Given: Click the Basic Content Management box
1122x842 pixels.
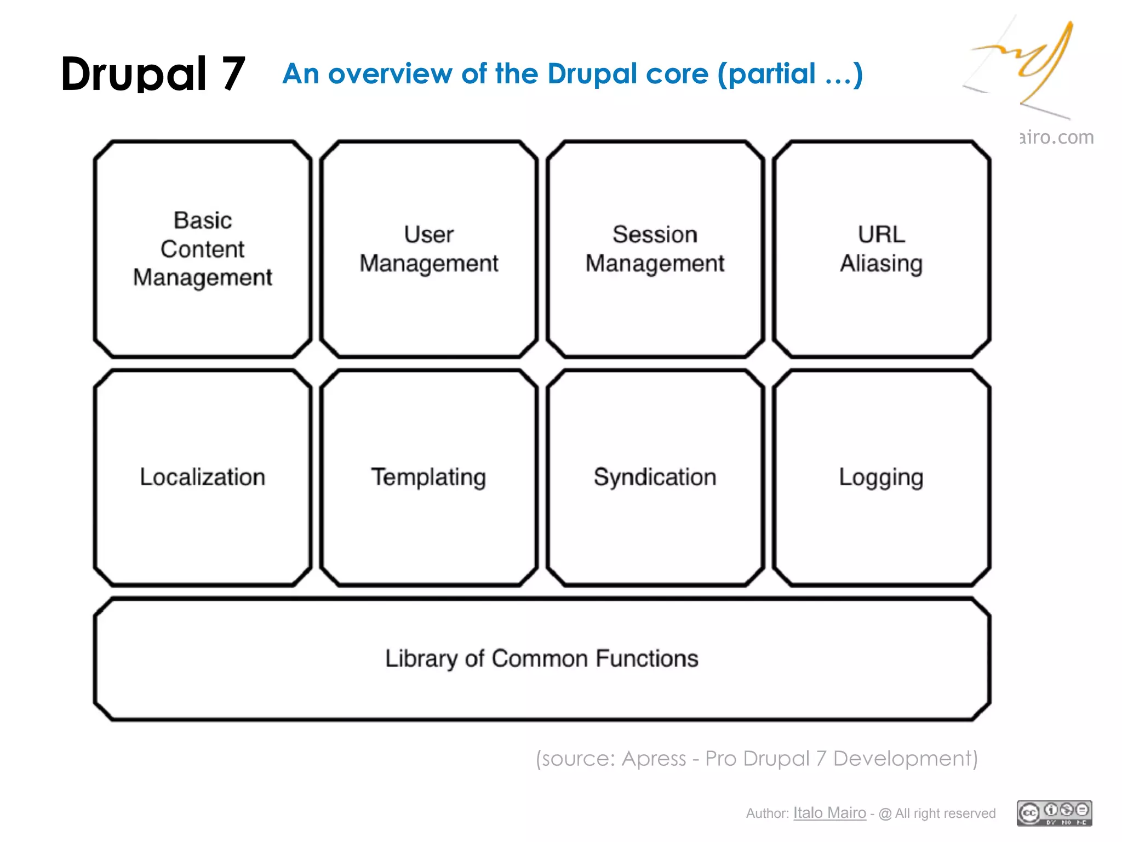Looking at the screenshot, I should click(x=203, y=249).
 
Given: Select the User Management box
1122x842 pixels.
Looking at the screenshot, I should click(x=429, y=249).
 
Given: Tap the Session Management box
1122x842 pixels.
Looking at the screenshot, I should click(x=655, y=249).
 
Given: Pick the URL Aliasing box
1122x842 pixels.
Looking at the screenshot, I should click(x=881, y=249).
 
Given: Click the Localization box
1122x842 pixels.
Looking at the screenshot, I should click(x=203, y=477).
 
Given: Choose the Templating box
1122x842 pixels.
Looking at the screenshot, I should click(x=429, y=477).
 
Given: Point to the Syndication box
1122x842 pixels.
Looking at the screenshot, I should click(x=655, y=477).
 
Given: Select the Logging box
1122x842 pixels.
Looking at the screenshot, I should click(x=881, y=477).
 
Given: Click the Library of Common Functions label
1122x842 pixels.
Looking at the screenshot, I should click(x=542, y=658).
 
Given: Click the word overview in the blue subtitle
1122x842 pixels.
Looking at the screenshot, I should click(x=390, y=74).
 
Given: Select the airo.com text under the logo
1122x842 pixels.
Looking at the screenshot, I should click(x=1057, y=137).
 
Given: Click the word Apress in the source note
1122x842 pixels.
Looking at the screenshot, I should click(x=654, y=759).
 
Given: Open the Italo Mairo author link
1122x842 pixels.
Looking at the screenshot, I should click(x=829, y=813).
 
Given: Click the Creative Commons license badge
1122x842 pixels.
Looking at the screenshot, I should click(x=1054, y=813).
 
